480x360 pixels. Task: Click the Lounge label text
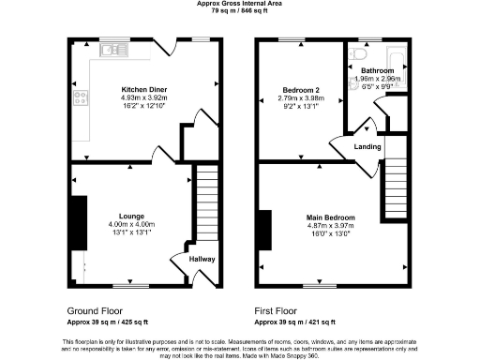(131, 214)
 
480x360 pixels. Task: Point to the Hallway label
(203, 260)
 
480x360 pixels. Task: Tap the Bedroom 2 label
(302, 91)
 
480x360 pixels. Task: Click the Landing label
(367, 147)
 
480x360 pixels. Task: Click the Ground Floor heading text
(97, 309)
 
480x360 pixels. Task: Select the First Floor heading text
(277, 309)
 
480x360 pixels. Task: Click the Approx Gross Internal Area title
(239, 4)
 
